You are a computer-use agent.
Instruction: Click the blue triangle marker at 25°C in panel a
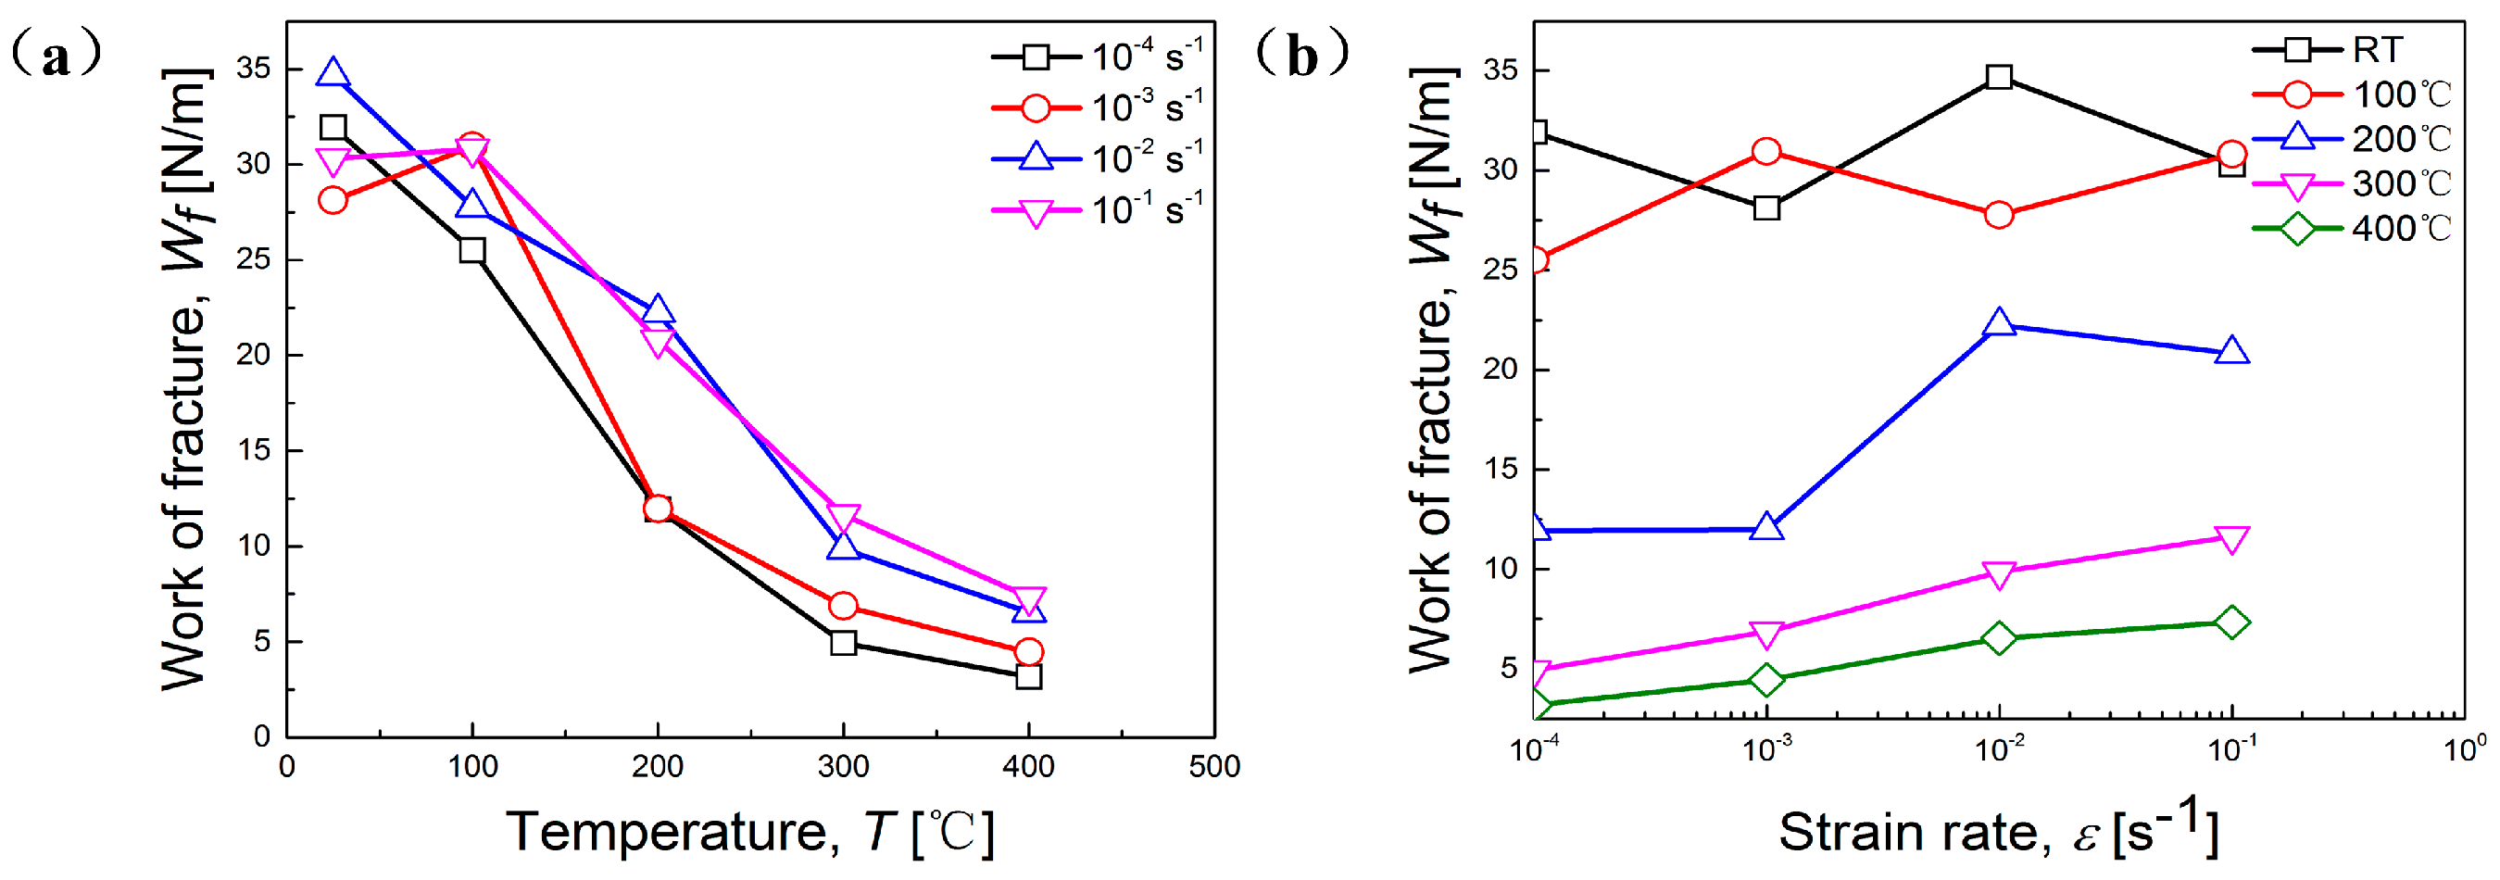333,73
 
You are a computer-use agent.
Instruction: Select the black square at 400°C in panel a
1029,676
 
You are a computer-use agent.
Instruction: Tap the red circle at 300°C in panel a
843,606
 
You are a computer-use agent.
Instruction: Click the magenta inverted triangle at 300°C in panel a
843,517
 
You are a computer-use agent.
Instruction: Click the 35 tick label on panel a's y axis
253,69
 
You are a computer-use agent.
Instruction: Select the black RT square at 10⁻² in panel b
1998,77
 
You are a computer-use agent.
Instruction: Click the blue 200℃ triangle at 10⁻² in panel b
1998,323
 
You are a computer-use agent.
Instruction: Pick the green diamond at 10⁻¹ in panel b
2231,622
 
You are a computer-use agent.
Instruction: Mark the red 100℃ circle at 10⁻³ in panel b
1766,151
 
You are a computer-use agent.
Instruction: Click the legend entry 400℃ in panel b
2398,229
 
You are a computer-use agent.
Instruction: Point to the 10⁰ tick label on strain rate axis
2463,750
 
